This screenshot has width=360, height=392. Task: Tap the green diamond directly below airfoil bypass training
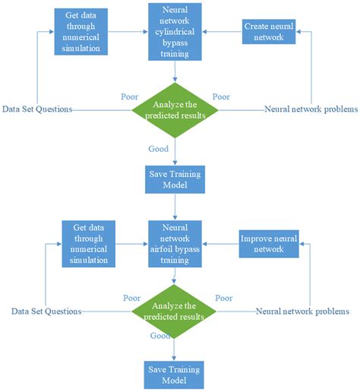176,312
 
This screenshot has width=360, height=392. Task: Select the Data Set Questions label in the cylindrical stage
37,109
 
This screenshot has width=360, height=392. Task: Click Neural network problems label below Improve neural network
302,311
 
